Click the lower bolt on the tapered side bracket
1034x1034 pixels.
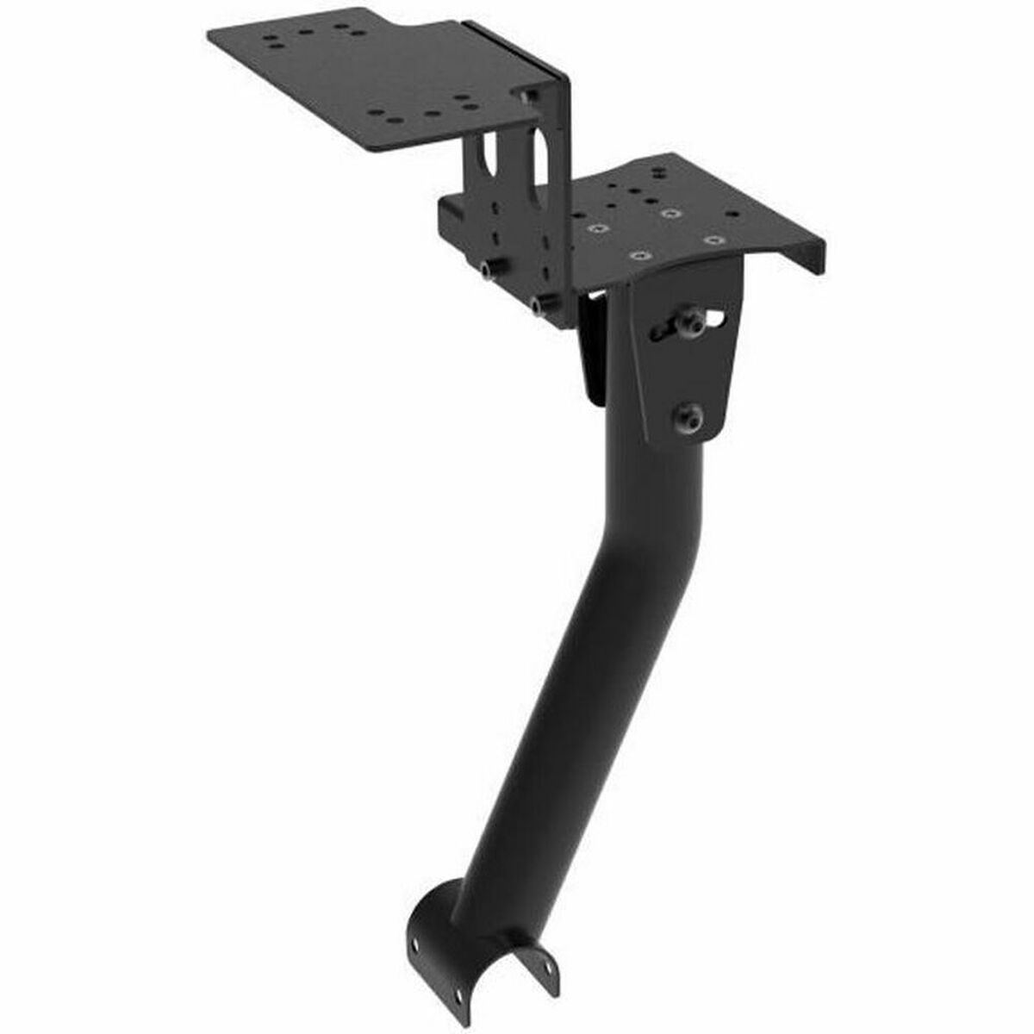689,418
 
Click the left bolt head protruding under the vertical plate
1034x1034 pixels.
489,271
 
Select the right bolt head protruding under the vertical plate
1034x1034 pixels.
540,304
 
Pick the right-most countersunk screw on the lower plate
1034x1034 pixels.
712,239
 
